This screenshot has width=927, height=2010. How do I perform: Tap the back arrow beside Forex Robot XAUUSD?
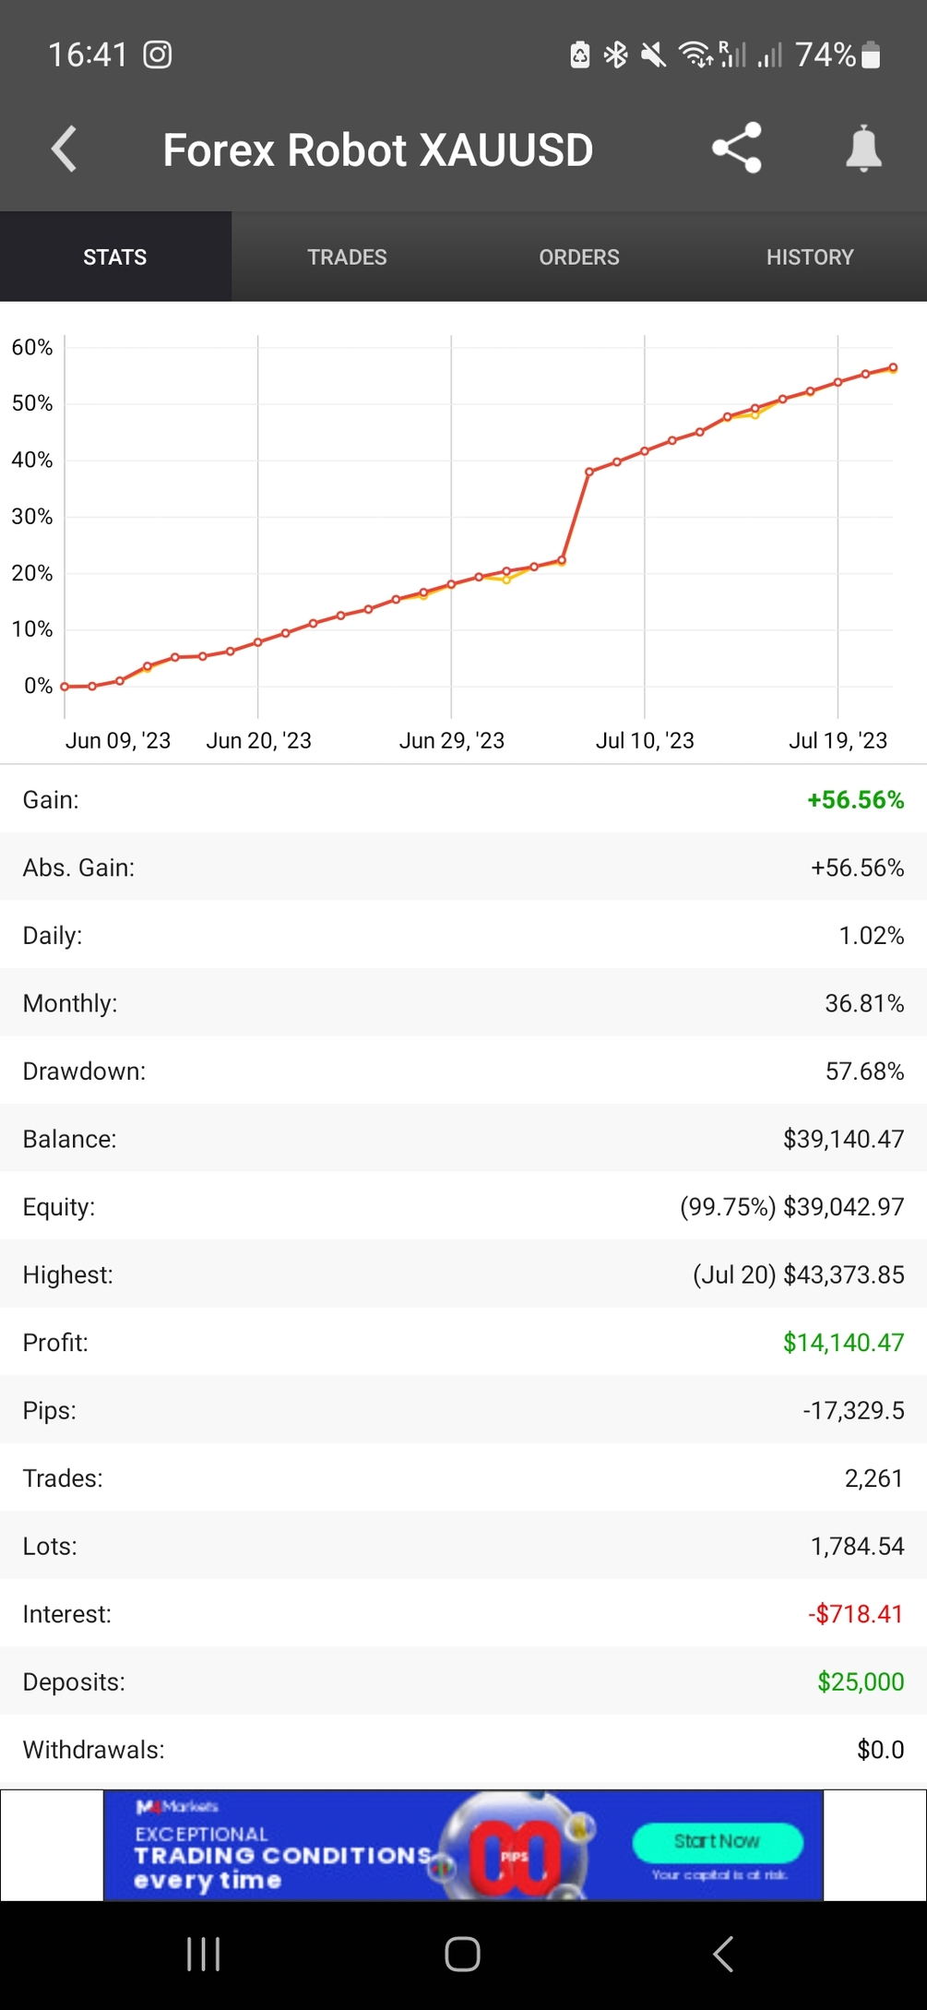coord(64,150)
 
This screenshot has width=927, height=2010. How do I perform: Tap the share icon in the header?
coord(736,148)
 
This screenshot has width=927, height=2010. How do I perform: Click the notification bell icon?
coord(863,150)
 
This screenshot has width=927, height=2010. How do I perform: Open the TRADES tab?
coord(347,257)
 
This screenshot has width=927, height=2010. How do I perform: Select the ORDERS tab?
coord(578,257)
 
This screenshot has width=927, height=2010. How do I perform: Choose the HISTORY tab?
coord(810,257)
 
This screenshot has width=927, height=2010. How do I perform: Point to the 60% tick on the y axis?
coord(32,348)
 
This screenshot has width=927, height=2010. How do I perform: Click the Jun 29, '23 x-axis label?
coord(451,740)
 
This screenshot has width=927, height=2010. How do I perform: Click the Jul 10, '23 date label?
coord(645,740)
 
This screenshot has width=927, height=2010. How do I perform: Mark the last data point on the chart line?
coord(893,367)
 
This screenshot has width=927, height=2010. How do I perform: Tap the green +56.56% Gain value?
coord(855,800)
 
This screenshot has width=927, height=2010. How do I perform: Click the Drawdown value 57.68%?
coord(864,1071)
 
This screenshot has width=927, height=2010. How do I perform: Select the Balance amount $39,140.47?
coord(843,1139)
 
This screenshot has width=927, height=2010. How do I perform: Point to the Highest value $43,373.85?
coord(843,1274)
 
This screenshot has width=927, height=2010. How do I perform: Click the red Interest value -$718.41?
coord(855,1614)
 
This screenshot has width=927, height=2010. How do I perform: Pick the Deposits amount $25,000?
coord(861,1681)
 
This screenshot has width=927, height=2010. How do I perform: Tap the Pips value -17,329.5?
coord(853,1410)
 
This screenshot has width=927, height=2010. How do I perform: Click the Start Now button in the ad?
coord(717,1842)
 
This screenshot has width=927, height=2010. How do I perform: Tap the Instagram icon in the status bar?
coord(158,55)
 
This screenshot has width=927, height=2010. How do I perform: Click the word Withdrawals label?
coord(93,1750)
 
